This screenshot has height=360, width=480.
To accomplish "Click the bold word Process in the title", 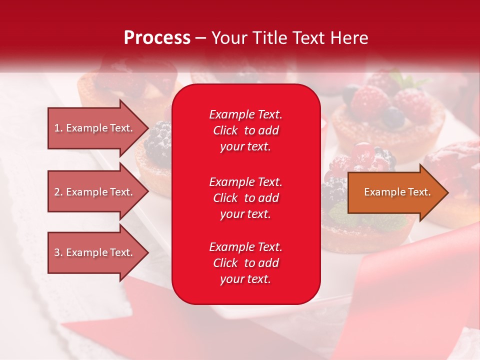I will [x=157, y=38].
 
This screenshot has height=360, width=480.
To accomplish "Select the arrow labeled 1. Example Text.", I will [x=95, y=128].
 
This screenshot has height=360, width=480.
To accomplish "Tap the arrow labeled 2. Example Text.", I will [x=95, y=192].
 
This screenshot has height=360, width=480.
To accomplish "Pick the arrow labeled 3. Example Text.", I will [x=95, y=252].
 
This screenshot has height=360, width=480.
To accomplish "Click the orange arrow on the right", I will [x=395, y=192].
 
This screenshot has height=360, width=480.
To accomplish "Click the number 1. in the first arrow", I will [x=58, y=128].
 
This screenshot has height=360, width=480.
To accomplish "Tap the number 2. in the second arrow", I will [x=58, y=192].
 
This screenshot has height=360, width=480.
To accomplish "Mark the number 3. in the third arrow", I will [x=58, y=252].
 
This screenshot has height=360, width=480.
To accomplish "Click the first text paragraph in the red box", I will [x=245, y=130].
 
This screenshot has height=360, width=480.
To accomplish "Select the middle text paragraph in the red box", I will [x=245, y=198].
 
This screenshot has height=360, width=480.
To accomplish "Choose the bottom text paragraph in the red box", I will [x=245, y=263].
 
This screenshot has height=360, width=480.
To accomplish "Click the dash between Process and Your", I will [x=201, y=38].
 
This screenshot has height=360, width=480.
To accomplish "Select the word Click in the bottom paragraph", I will [x=225, y=263].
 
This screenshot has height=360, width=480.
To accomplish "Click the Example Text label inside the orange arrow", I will [x=397, y=192].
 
